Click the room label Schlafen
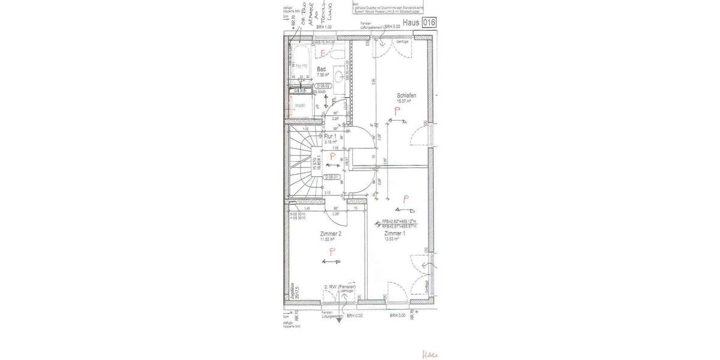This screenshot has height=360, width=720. tap(406, 95)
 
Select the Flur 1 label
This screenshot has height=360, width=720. tap(330, 136)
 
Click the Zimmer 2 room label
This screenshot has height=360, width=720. tap(331, 233)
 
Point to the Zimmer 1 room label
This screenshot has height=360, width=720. tap(395, 233)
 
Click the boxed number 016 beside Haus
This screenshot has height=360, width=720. tap(428, 23)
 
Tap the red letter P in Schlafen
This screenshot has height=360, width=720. tap(397, 110)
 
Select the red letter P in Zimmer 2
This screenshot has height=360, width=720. tap(332, 251)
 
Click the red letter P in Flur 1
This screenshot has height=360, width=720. tap(332, 157)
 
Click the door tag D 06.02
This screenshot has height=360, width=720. tap(324, 86)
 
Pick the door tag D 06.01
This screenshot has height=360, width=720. tap(332, 177)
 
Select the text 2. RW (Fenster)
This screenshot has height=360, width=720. tap(339, 287)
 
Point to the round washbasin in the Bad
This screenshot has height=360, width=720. tap(340, 76)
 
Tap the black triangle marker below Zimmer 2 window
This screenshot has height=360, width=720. tap(339, 320)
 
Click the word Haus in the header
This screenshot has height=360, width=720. tap(411, 23)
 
